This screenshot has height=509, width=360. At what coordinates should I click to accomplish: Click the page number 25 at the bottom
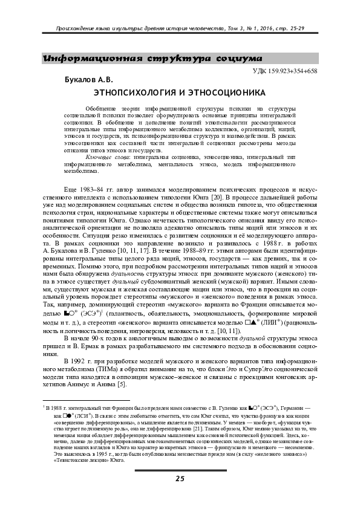180,478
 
